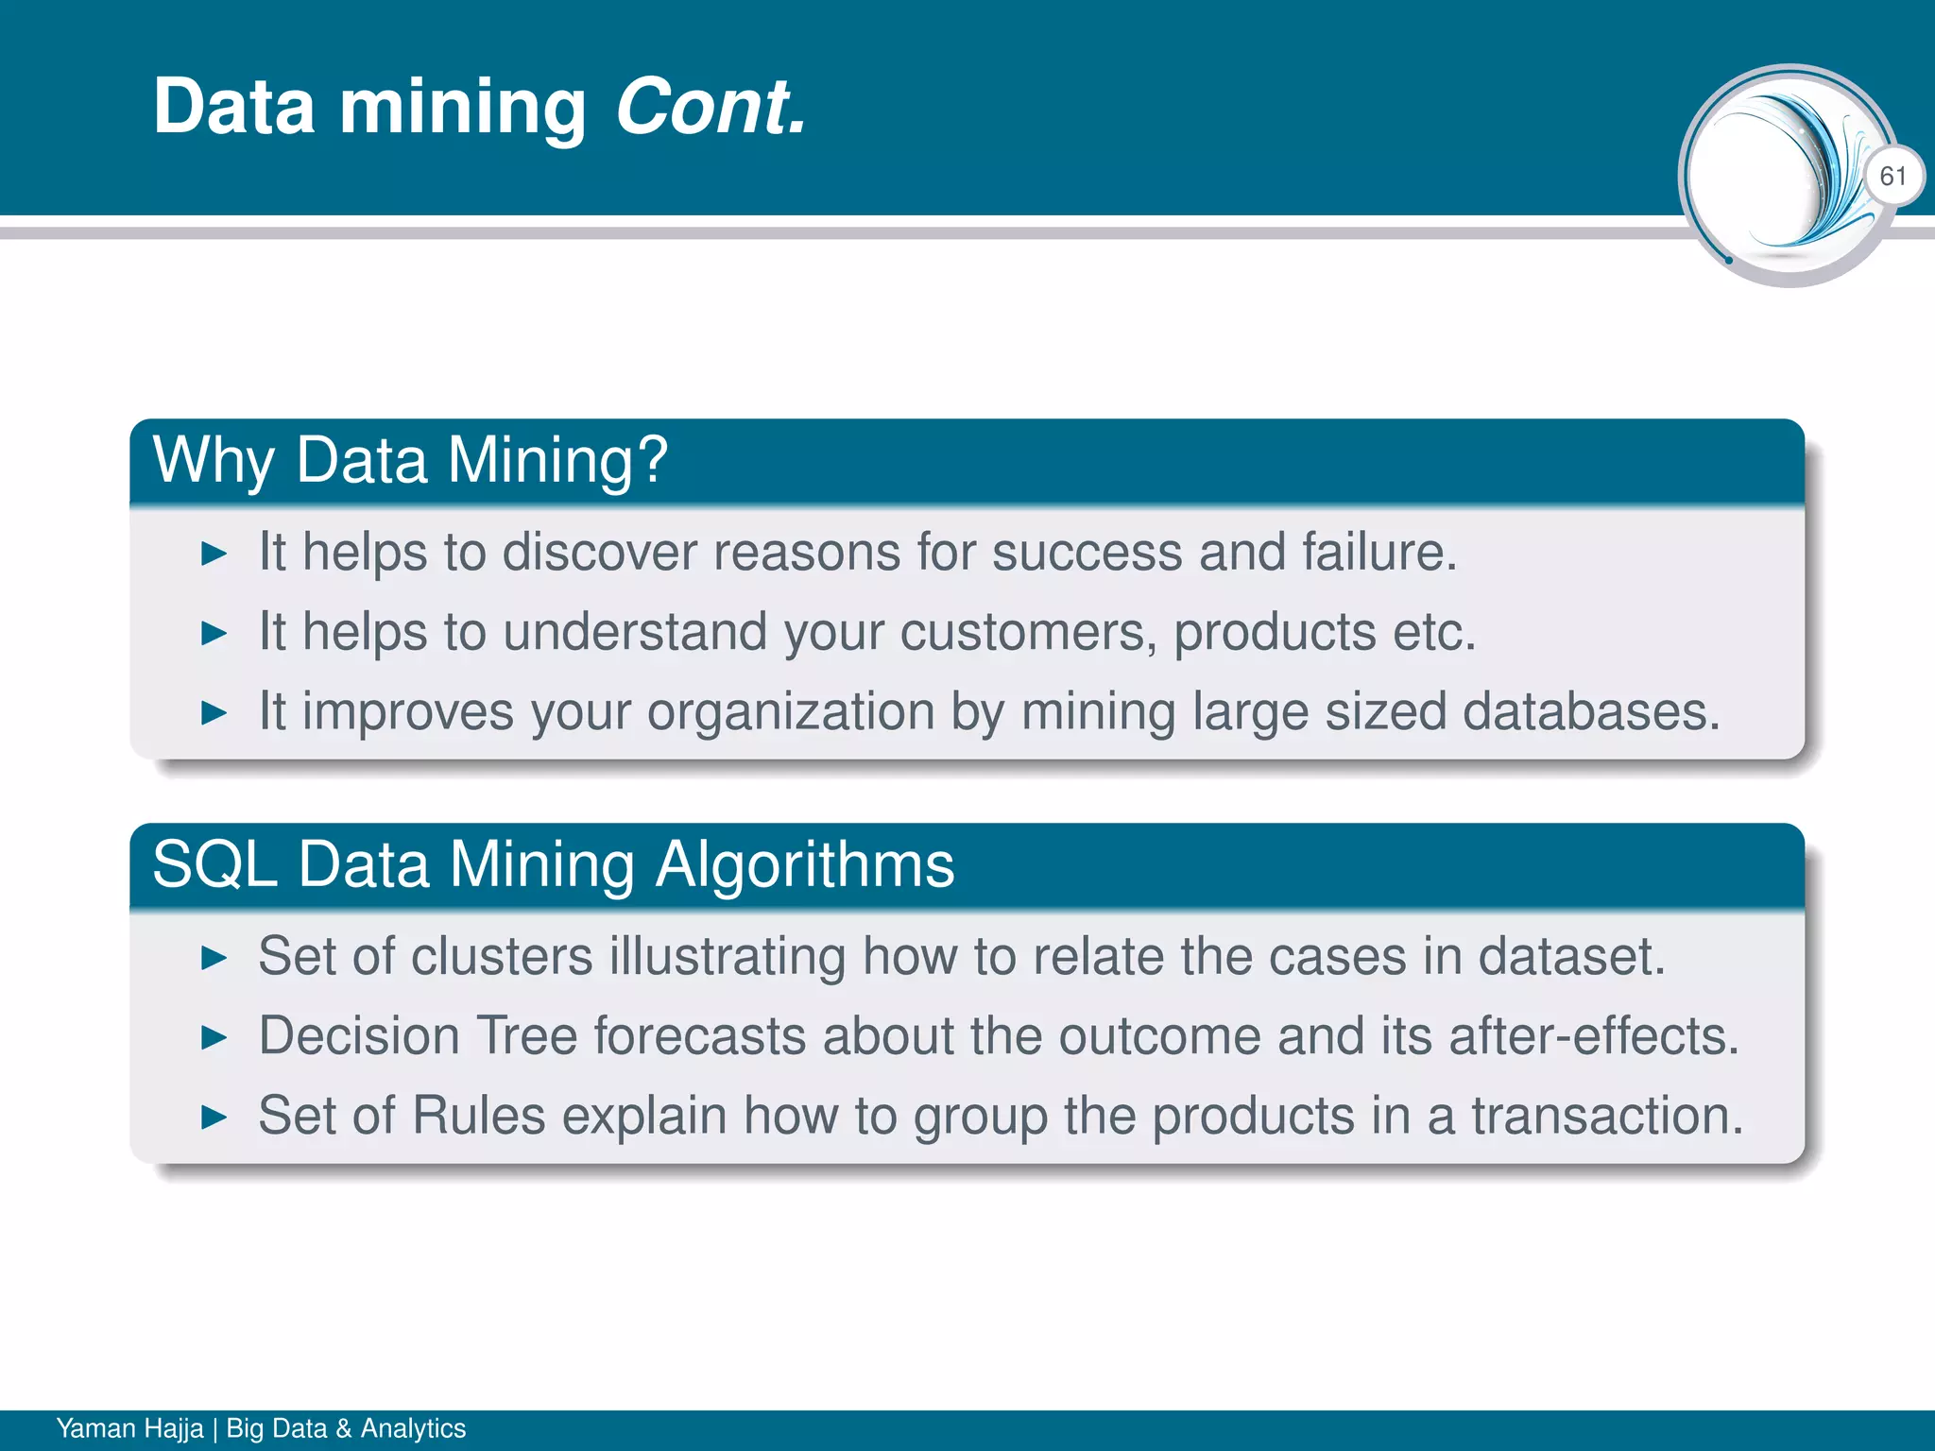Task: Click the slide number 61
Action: pos(1892,177)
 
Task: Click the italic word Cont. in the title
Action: pos(711,107)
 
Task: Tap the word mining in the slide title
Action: pos(463,109)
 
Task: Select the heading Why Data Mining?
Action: pos(410,460)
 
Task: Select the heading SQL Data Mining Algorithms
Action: pos(554,864)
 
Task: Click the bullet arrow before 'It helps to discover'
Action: pos(214,555)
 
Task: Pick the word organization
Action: pos(791,711)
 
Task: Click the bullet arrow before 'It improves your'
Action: pos(214,713)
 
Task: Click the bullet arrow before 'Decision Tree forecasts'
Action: pos(214,1039)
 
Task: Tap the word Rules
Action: pos(479,1116)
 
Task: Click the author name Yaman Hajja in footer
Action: pos(129,1428)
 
